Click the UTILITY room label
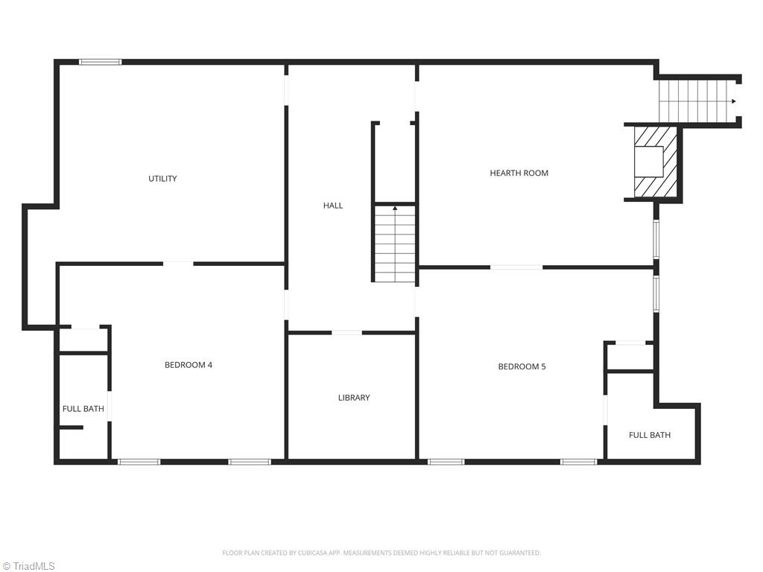[x=162, y=179]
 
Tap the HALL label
[x=333, y=206]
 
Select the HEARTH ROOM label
[x=519, y=173]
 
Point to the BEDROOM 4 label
[x=189, y=365]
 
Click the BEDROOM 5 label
[x=522, y=366]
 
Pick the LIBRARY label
[x=354, y=398]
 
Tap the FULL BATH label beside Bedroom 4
[x=83, y=409]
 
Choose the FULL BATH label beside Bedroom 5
[x=649, y=435]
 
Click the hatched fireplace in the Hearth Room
[x=655, y=162]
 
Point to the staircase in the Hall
[x=395, y=244]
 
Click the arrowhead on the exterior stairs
[x=735, y=101]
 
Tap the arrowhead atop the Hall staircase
[x=395, y=209]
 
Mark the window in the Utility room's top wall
[x=101, y=62]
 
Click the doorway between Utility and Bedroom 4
[x=178, y=263]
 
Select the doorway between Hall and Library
[x=346, y=332]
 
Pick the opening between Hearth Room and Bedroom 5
[x=516, y=267]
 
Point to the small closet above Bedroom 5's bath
[x=630, y=357]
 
